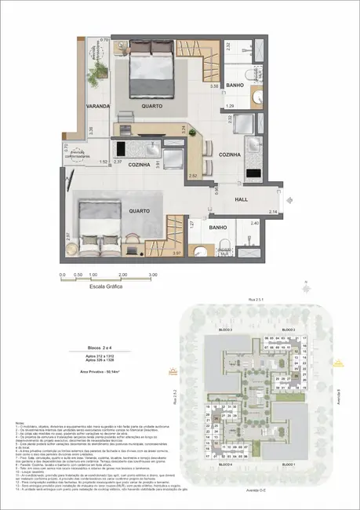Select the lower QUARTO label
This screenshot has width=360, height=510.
click(138, 188)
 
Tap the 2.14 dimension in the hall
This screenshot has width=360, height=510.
click(272, 213)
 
